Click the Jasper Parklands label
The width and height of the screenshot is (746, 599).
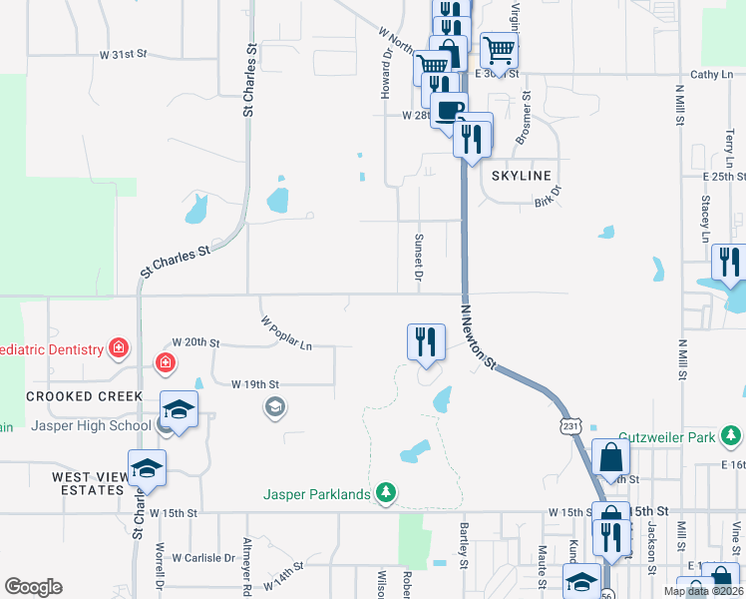tap(318, 493)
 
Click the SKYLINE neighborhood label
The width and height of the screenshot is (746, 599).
tap(522, 176)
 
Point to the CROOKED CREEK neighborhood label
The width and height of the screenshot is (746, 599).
tap(79, 396)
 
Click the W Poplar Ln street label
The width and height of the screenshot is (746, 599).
tap(286, 333)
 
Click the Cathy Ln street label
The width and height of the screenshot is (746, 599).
tap(711, 75)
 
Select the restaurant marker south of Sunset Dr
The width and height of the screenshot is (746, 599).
tap(426, 342)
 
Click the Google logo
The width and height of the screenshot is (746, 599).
tap(33, 587)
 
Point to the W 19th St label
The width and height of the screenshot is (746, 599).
tap(255, 383)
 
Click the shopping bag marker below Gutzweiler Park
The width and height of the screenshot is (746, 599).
tap(610, 458)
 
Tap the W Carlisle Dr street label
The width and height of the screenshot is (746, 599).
tap(203, 558)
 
